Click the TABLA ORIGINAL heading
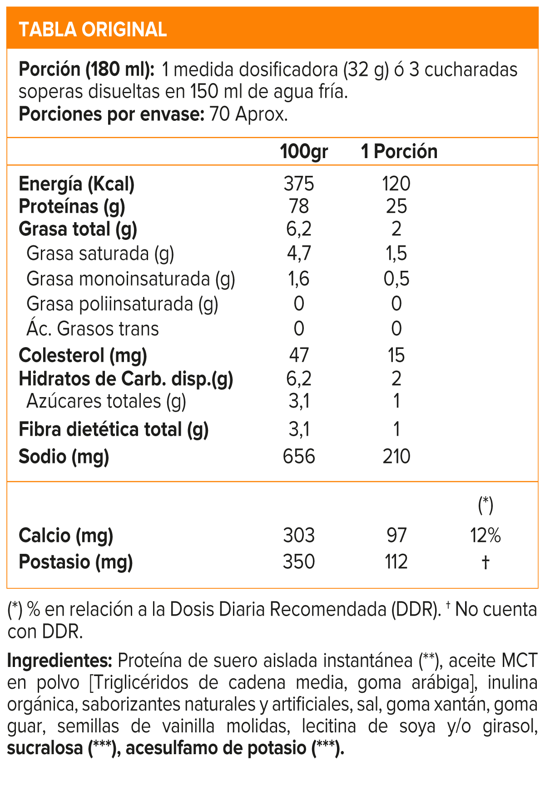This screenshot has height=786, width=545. click(93, 30)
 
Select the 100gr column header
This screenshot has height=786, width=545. click(304, 151)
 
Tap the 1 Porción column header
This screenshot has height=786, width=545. click(399, 151)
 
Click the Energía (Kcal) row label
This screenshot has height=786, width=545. click(77, 184)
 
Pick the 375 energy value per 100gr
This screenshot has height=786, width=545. click(299, 184)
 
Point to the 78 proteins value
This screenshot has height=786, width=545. click(299, 206)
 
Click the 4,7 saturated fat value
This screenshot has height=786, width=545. click(299, 253)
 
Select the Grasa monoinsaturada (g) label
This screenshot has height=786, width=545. click(131, 279)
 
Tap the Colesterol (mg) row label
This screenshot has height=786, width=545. click(83, 355)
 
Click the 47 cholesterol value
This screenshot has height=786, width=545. click(299, 355)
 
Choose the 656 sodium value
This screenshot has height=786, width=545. click(299, 456)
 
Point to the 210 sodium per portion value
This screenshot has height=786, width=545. click(396, 456)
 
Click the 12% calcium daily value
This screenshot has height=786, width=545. click(486, 536)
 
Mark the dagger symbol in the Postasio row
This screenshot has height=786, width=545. click(486, 562)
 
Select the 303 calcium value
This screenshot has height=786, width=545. click(299, 536)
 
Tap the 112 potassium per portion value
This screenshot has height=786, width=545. click(396, 562)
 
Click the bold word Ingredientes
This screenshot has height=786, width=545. click(59, 661)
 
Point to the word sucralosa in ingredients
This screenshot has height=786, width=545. click(45, 748)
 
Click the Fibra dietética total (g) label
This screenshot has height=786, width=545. click(114, 429)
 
